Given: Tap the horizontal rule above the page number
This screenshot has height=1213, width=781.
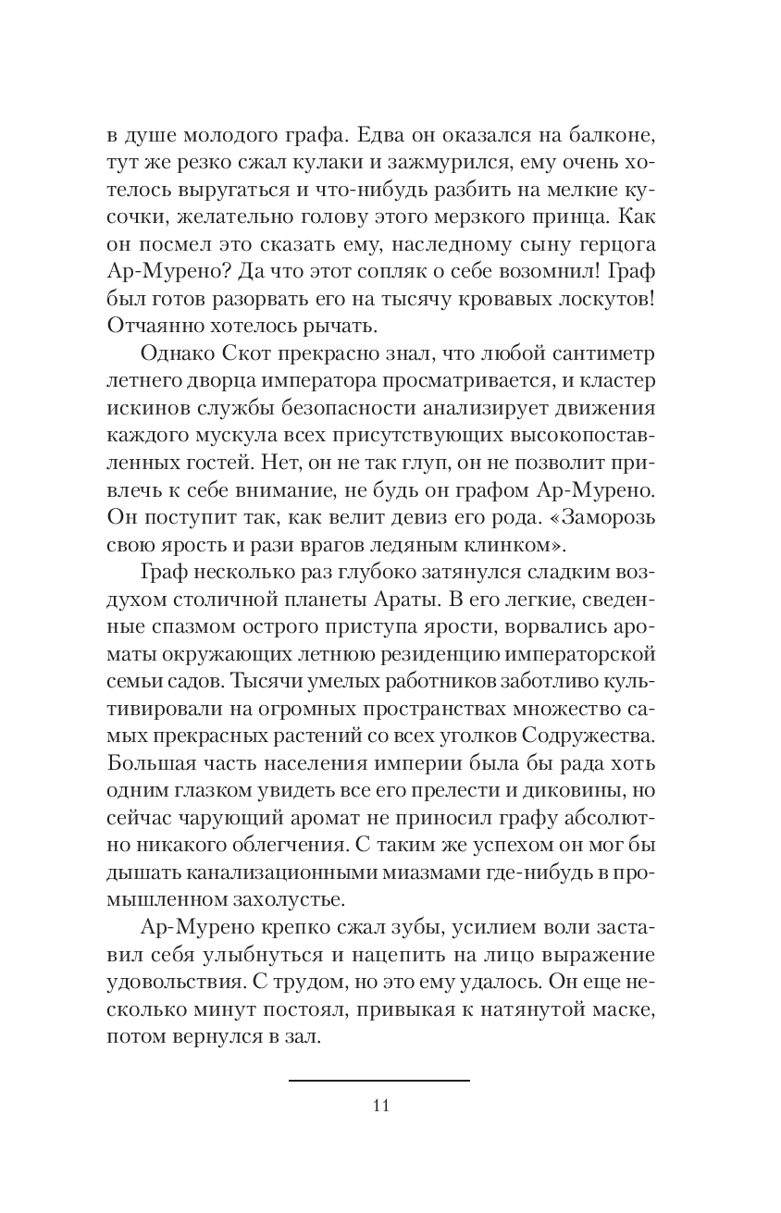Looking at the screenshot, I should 379,1080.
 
